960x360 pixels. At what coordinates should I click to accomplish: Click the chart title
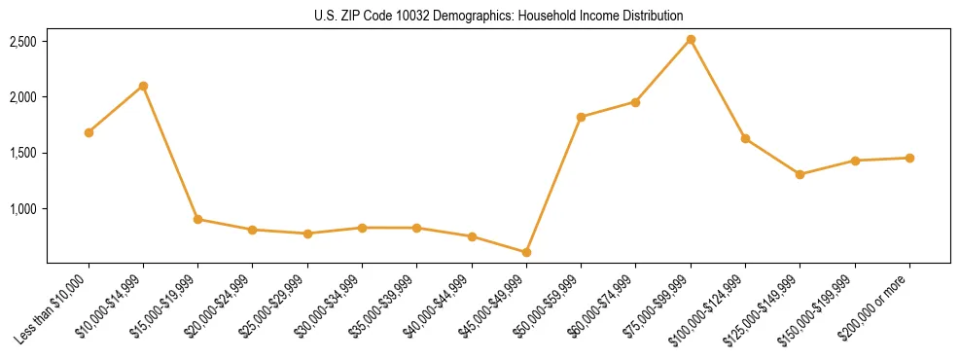tap(499, 16)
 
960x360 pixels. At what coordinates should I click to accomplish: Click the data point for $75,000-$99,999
tap(691, 40)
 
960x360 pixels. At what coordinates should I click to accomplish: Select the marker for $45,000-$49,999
tap(526, 253)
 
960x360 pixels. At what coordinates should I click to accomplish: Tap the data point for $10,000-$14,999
tap(143, 86)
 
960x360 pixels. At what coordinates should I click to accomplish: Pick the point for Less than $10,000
tap(89, 132)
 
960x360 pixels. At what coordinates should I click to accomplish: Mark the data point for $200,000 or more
tap(909, 158)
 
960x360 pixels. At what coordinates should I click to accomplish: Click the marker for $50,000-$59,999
tap(581, 117)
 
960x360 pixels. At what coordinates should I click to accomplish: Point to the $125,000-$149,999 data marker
tap(800, 174)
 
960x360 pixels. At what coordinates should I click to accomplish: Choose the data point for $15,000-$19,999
tap(197, 219)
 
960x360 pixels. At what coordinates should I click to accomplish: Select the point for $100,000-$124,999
tap(745, 139)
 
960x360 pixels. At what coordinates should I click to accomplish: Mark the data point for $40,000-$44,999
tap(472, 236)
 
